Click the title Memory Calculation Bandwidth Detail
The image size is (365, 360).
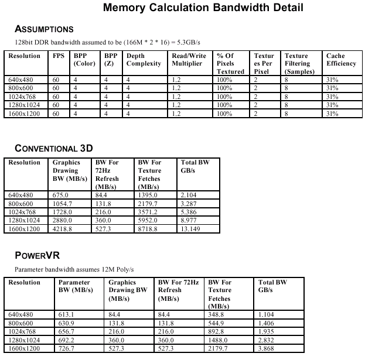tap(203, 8)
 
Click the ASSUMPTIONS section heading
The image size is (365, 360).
tap(44, 29)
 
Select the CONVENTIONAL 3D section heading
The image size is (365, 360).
tap(54, 148)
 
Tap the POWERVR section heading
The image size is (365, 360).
tap(37, 256)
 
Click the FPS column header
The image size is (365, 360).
tap(58, 56)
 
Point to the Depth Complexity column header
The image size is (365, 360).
tap(143, 60)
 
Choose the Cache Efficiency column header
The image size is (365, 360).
tap(341, 60)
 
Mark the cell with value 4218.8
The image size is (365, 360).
tap(62, 229)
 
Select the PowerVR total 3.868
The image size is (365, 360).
tap(269, 348)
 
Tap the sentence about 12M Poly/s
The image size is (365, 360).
tap(74, 269)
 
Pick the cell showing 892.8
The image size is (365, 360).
tap(219, 331)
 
